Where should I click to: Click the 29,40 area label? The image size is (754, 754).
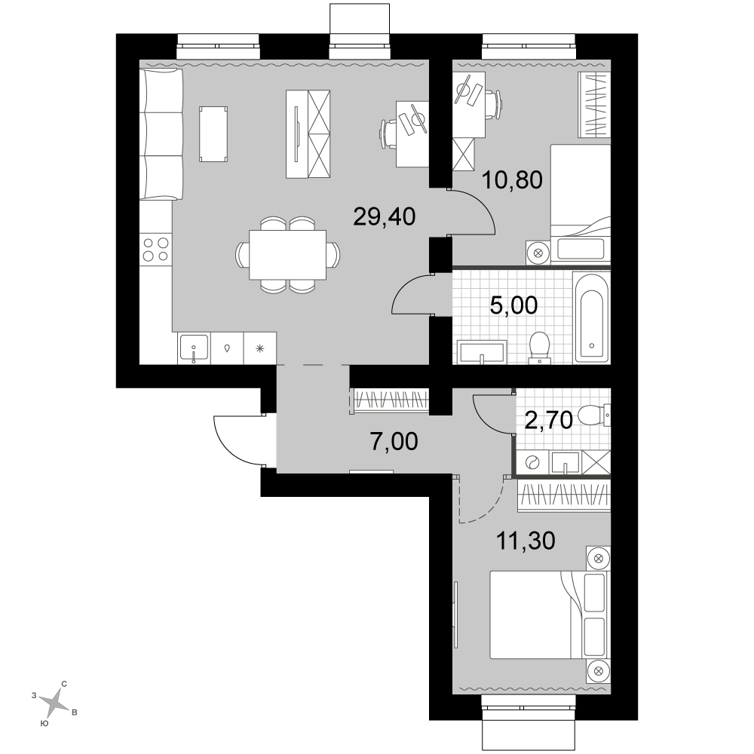385,217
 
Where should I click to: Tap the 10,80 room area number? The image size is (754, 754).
512,180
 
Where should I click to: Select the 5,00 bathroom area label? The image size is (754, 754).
513,305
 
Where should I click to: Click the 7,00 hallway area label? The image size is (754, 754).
394,441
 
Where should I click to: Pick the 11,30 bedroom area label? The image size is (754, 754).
526,541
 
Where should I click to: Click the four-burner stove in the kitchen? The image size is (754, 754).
156,250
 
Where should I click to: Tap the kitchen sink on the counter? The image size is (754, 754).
194,348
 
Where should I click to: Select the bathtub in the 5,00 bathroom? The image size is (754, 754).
591,317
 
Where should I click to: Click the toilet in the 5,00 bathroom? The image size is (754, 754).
539,347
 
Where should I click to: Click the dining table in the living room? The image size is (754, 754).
287,254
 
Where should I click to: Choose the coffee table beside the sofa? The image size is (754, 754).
213,134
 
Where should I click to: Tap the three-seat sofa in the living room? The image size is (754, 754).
161,134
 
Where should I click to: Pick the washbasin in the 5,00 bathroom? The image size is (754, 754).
482,351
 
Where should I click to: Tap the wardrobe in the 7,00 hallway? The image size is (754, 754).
391,400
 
